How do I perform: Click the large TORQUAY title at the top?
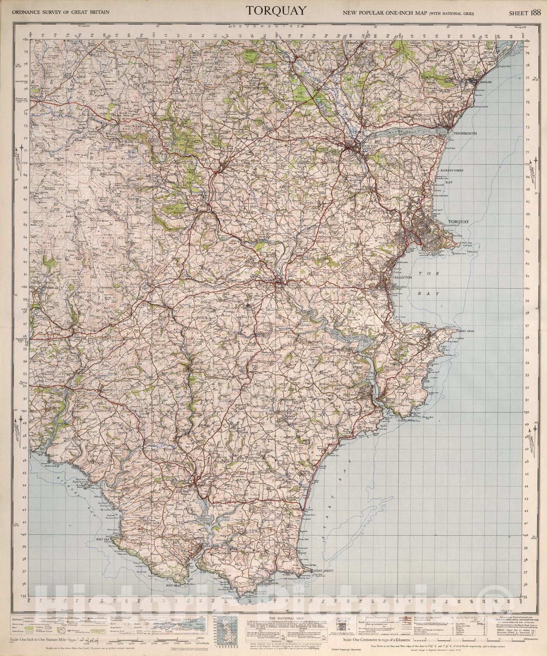pyautogui.click(x=276, y=11)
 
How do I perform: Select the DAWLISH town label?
pyautogui.click(x=485, y=82)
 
